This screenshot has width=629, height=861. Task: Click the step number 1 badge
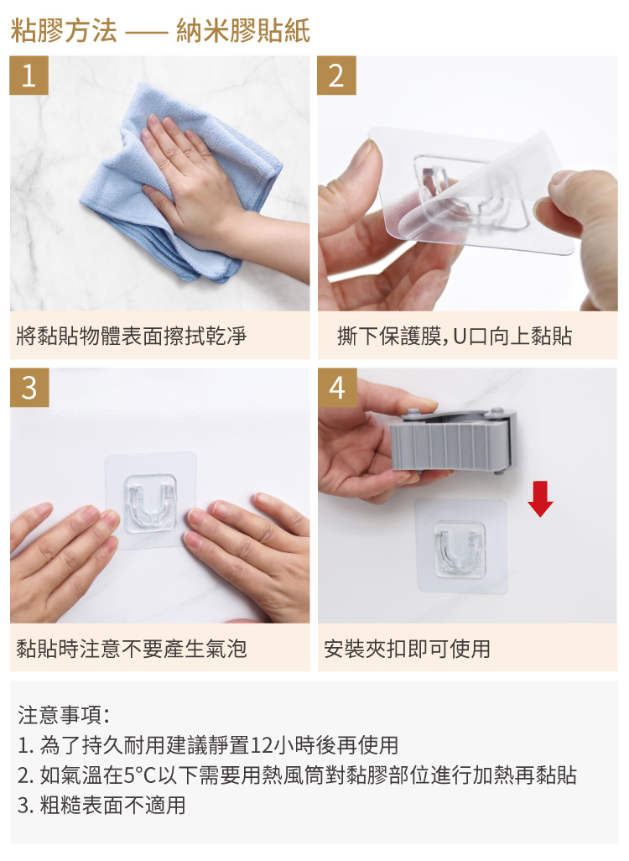tap(29, 76)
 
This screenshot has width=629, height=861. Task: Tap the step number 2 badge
tap(336, 76)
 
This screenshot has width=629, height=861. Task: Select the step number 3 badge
tap(29, 387)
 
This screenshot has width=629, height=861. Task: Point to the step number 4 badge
tap(337, 387)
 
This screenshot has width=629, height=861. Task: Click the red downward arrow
tap(540, 498)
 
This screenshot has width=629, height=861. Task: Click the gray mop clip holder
tap(454, 439)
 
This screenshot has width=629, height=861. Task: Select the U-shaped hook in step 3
tap(150, 503)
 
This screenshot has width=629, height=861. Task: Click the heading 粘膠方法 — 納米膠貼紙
tap(160, 30)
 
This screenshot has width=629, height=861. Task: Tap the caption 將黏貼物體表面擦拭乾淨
tap(132, 336)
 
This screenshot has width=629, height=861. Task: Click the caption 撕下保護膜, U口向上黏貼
tap(455, 336)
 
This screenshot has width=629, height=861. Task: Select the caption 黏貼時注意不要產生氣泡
tap(132, 649)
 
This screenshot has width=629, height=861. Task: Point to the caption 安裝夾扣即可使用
tap(407, 649)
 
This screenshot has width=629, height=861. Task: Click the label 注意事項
tap(64, 715)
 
